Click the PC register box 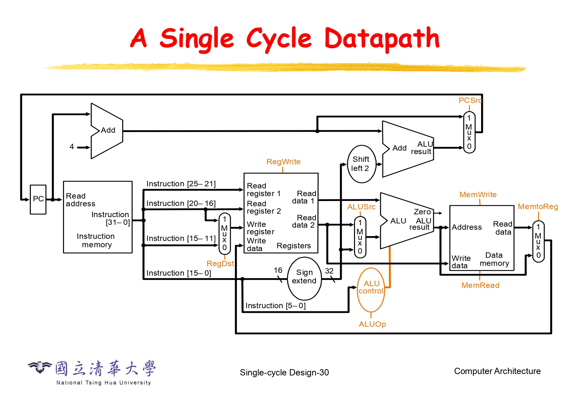[x=38, y=199]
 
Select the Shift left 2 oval [x=361, y=164]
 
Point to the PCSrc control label [x=470, y=101]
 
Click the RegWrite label [x=283, y=162]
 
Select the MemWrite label [x=478, y=195]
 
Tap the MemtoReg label [x=538, y=207]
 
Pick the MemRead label [x=480, y=285]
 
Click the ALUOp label [x=372, y=324]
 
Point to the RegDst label [x=220, y=264]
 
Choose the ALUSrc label [x=361, y=207]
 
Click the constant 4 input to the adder [x=72, y=147]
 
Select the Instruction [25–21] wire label [x=181, y=184]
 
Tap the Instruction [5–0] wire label [x=275, y=306]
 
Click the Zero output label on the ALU [x=422, y=212]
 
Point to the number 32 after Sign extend [x=329, y=271]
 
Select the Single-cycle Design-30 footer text [x=284, y=373]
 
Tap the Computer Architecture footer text [x=497, y=371]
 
